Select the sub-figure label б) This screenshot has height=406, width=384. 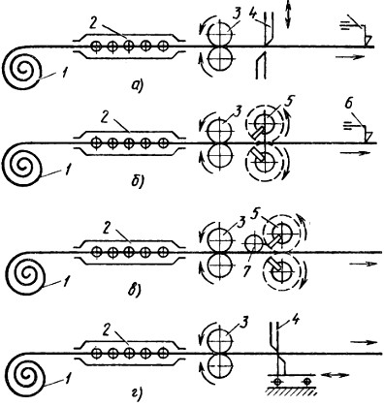click(x=138, y=182)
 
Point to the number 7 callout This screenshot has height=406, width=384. click(x=247, y=271)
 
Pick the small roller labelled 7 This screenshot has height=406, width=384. click(x=254, y=244)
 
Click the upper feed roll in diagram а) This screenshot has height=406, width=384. click(x=221, y=33)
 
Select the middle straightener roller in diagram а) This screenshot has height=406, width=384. click(x=129, y=47)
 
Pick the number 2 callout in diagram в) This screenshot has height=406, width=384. click(x=106, y=229)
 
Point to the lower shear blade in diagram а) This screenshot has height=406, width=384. click(x=261, y=67)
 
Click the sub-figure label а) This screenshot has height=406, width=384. click(x=136, y=85)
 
